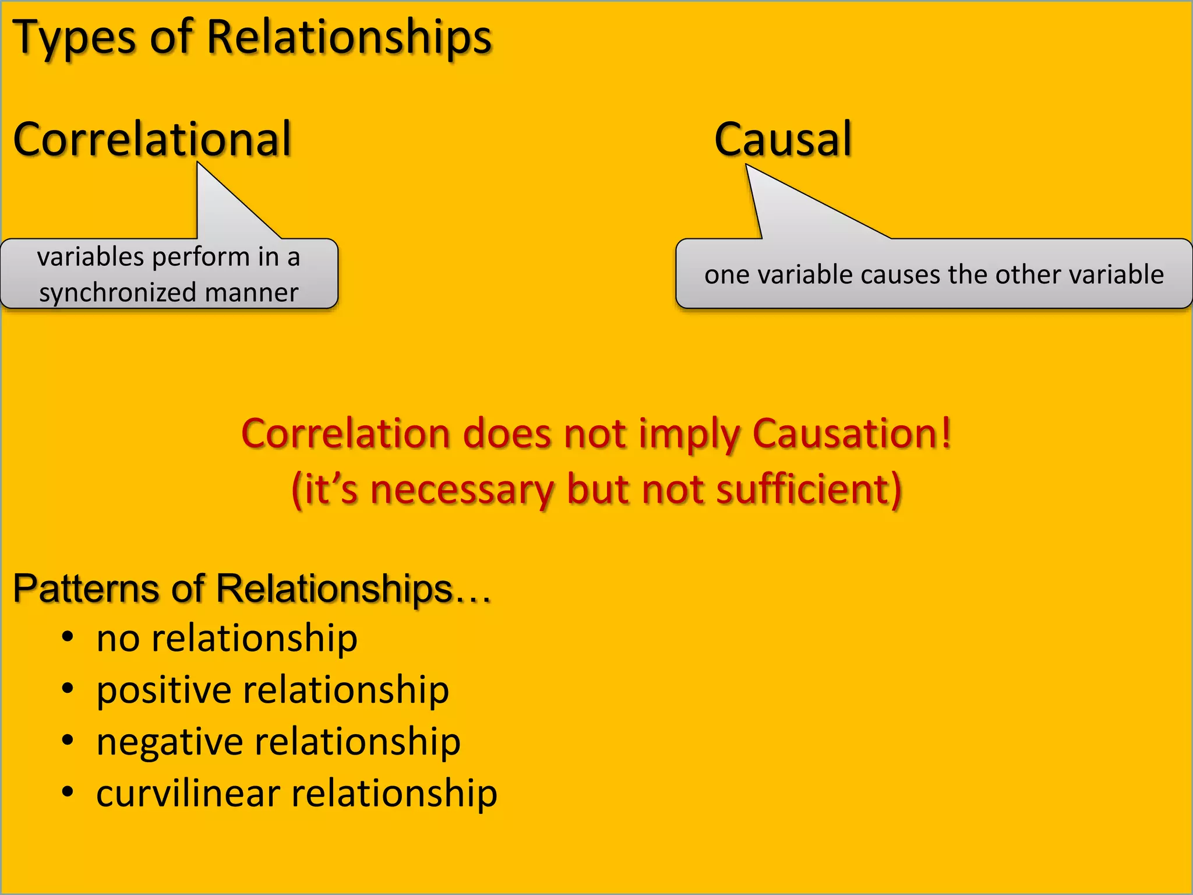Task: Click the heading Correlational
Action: [x=152, y=140]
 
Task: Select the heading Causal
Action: [x=782, y=140]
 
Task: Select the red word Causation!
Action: [x=852, y=434]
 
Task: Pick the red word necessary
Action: [x=461, y=489]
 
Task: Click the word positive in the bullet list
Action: [x=164, y=691]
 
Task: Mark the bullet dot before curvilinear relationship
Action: [x=68, y=792]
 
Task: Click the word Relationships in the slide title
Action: [x=350, y=37]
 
